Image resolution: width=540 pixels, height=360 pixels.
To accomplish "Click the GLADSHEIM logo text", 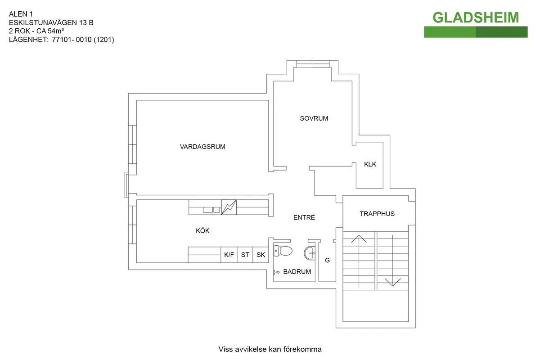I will coord(476,18).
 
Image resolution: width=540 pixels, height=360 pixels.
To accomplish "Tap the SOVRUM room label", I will coord(314,118).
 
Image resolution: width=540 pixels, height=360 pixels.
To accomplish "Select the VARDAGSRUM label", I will coord(202,147).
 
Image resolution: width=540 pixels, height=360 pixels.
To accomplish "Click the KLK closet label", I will coord(370,164).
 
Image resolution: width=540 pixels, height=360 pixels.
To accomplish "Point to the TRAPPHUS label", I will coord(377,214).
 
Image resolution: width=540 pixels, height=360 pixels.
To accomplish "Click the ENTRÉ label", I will coord(304,217).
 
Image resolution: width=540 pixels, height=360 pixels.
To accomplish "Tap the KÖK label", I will coord(202,231).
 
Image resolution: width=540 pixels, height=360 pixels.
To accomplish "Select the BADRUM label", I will coord(297,272).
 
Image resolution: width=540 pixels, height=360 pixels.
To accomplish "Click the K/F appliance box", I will coord(229,255).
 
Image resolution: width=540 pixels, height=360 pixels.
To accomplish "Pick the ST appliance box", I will coord(245,255).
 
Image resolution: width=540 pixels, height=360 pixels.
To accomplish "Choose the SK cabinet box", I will coord(261,255).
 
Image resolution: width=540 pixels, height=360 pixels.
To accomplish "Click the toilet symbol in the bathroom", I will coord(283,251).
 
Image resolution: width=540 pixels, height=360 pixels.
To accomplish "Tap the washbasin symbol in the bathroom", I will coord(310,253).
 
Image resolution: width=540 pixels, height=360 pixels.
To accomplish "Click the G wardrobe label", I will coord(328,260).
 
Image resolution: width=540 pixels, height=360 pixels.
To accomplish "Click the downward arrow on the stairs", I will coord(393,282).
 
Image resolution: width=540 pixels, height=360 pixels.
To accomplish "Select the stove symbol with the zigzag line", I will coord(229,207).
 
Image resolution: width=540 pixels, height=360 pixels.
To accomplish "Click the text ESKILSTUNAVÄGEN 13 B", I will coord(51,22).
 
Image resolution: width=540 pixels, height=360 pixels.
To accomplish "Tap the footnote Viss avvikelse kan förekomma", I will coord(270,349).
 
